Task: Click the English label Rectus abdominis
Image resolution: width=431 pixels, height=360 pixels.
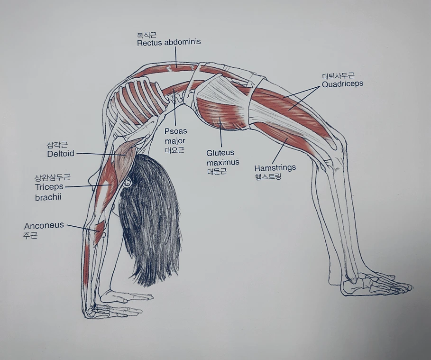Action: pos(169,42)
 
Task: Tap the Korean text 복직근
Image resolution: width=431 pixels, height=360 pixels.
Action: pos(147,35)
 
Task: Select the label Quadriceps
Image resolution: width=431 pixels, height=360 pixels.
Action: pos(342,84)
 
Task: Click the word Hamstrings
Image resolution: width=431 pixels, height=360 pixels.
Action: pos(275,168)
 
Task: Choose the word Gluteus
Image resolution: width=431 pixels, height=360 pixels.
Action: pos(220,153)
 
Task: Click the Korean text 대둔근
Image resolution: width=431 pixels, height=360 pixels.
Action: pos(217,171)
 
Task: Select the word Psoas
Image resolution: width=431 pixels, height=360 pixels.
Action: pos(175,131)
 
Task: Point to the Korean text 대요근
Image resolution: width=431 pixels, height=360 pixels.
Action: pos(174,150)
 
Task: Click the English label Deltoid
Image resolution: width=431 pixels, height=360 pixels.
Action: pos(61,154)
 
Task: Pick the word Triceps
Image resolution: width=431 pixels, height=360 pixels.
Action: pos(49,187)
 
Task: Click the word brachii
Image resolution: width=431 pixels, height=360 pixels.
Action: pos(48,197)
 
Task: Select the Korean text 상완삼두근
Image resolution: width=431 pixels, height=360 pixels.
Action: pos(52,178)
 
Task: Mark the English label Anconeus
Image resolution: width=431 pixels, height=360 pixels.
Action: pos(44,225)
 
